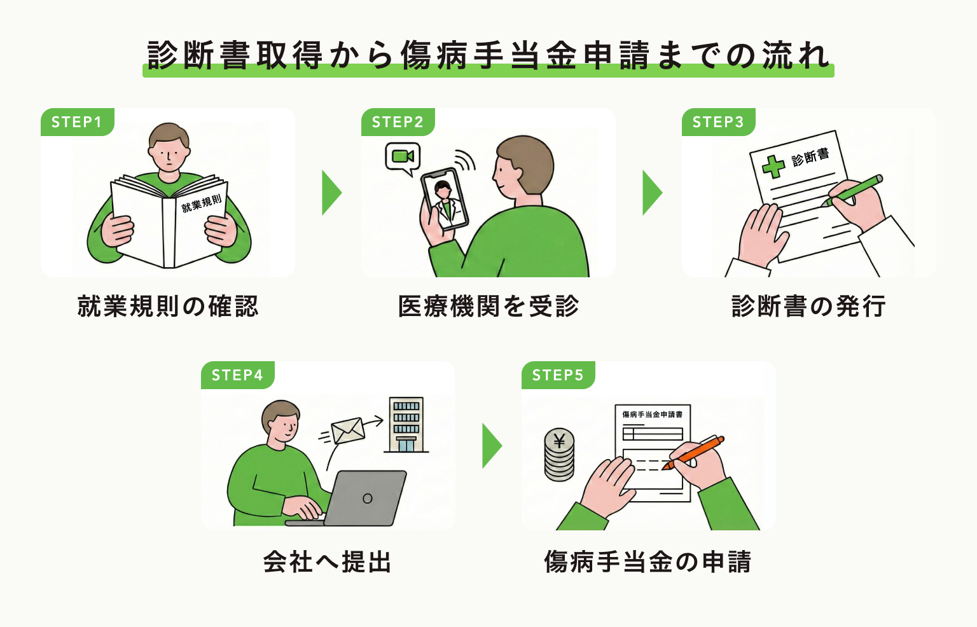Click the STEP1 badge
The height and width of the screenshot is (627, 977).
coord(77,122)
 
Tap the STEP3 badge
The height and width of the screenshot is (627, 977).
coord(718,122)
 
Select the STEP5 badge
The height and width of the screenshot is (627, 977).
coord(558,375)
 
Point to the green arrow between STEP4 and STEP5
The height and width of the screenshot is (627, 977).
coord(491,446)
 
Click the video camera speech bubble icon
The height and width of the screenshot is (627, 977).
coord(403,157)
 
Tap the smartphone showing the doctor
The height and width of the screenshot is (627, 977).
coord(445,198)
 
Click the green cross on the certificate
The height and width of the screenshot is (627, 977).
coord(773,167)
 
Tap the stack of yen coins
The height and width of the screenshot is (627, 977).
coord(560,455)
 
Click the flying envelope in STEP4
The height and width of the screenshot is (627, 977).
coord(348,431)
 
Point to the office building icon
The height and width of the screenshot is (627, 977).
coord(406,425)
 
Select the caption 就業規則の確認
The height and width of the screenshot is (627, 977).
coord(168,307)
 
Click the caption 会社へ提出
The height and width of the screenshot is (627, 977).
coord(328,562)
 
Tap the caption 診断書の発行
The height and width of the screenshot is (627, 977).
coord(808,307)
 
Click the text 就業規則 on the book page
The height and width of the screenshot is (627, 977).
coord(201,203)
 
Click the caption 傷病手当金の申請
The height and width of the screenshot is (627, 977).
coord(648,562)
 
